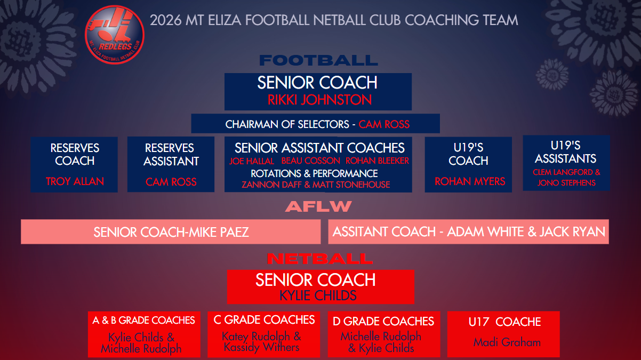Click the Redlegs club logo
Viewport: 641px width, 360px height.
pyautogui.click(x=115, y=35)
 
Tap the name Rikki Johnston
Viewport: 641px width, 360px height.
pyautogui.click(x=319, y=100)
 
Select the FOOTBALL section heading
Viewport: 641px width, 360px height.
pyautogui.click(x=318, y=60)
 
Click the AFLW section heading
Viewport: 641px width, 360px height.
pyautogui.click(x=318, y=206)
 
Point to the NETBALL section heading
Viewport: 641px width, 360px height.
pyautogui.click(x=319, y=259)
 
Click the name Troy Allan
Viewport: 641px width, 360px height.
pyautogui.click(x=75, y=181)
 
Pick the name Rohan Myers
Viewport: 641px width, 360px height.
pyautogui.click(x=470, y=181)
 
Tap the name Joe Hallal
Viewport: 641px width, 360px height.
pyautogui.click(x=252, y=161)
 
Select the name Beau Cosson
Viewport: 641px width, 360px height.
pyautogui.click(x=310, y=161)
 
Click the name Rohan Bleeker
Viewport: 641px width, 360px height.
pyautogui.click(x=377, y=161)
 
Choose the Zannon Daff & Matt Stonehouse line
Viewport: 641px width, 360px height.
pyautogui.click(x=316, y=185)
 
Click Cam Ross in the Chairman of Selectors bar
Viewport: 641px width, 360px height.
pyautogui.click(x=384, y=124)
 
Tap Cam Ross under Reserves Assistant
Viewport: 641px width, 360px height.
pyautogui.click(x=171, y=182)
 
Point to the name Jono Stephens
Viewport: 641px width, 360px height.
pyautogui.click(x=566, y=183)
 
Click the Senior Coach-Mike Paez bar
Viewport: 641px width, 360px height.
pyautogui.click(x=171, y=232)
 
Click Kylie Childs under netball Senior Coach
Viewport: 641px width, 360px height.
pyautogui.click(x=318, y=295)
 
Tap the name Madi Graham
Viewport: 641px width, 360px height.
pyautogui.click(x=507, y=342)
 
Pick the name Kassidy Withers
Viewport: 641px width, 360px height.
pyautogui.click(x=261, y=347)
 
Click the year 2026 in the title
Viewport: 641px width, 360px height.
pyautogui.click(x=165, y=20)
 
